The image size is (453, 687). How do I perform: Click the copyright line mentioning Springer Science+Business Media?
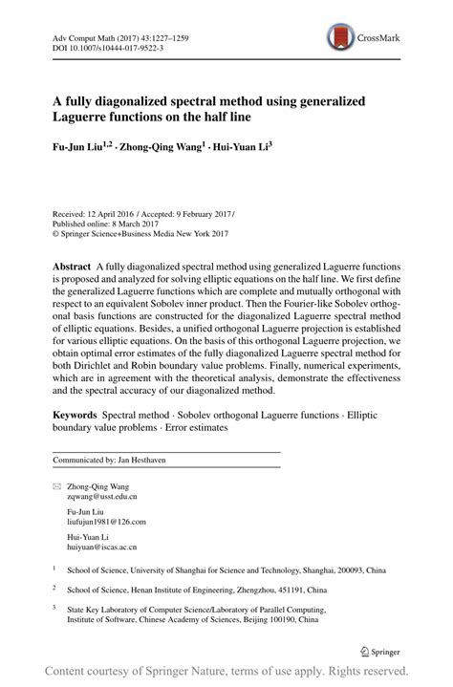point(142,231)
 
